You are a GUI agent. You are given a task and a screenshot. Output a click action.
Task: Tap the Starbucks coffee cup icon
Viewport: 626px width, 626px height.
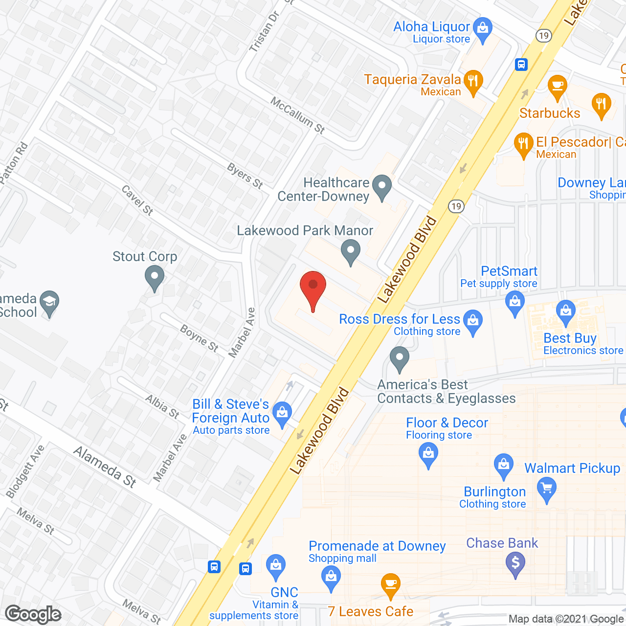click(557, 87)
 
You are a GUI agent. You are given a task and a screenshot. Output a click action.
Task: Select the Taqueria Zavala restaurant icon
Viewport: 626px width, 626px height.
click(472, 81)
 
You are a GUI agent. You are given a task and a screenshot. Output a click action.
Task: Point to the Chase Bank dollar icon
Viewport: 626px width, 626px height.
click(515, 563)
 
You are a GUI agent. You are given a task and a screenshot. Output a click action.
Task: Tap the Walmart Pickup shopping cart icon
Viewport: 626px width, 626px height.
click(547, 489)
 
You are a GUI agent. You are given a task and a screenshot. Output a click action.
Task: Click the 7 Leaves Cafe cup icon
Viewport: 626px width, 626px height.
click(390, 584)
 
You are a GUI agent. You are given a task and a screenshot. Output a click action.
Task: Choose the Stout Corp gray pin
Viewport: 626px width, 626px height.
click(155, 278)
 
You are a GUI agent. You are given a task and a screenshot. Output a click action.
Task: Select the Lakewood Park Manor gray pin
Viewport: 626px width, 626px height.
click(350, 251)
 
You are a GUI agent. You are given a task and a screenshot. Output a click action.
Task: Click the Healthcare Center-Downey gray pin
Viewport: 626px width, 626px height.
click(381, 186)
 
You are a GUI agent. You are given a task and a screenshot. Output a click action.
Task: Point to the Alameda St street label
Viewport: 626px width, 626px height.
click(105, 467)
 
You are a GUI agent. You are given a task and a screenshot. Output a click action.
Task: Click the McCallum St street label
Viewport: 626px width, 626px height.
click(298, 115)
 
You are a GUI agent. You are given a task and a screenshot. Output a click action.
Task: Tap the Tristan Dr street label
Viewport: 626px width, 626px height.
click(264, 31)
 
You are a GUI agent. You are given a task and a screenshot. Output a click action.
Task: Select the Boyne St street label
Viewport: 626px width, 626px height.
click(199, 338)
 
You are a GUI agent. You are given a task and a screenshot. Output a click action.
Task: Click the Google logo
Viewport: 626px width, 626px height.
click(33, 614)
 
